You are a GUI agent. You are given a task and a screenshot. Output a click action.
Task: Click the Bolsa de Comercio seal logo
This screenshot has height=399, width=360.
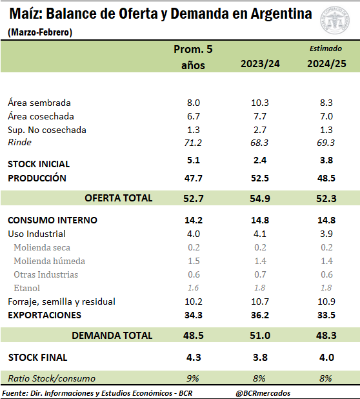pyautogui.click(x=335, y=21)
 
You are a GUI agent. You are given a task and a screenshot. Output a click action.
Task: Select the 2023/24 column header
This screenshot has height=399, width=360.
pyautogui.click(x=260, y=64)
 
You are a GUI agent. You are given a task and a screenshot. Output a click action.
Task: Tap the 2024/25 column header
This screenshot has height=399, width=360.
pyautogui.click(x=326, y=64)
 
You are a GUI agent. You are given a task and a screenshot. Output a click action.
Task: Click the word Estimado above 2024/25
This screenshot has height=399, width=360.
pyautogui.click(x=326, y=48)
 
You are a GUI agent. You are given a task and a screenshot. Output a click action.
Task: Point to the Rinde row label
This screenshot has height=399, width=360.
pyautogui.click(x=19, y=142)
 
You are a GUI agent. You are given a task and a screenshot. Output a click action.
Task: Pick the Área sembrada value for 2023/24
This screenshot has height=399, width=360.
pyautogui.click(x=260, y=103)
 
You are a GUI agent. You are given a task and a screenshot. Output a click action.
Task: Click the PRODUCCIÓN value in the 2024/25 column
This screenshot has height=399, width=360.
pyautogui.click(x=326, y=178)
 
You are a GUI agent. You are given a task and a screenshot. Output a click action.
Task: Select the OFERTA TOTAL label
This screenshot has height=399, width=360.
pyautogui.click(x=119, y=198)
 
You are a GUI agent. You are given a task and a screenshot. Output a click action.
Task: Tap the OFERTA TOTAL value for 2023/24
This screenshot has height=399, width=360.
pyautogui.click(x=260, y=198)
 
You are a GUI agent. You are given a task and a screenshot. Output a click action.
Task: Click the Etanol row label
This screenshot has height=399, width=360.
pyautogui.click(x=26, y=288)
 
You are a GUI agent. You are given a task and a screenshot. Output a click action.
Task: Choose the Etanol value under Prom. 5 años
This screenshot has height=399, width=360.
pyautogui.click(x=193, y=288)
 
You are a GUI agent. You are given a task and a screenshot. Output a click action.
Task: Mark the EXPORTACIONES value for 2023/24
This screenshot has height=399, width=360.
pyautogui.click(x=260, y=315)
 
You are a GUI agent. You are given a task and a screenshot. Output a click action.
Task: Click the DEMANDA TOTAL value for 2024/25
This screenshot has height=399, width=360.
pyautogui.click(x=326, y=335)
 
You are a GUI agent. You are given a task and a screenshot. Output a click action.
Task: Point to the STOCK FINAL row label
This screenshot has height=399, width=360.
pyautogui.click(x=38, y=358)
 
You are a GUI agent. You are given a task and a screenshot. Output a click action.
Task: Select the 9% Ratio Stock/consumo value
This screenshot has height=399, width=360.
pyautogui.click(x=192, y=378)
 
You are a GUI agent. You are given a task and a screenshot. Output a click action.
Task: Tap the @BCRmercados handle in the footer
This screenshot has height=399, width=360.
pyautogui.click(x=263, y=393)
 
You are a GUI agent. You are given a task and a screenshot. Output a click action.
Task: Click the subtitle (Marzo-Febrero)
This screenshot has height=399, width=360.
pyautogui.click(x=40, y=32)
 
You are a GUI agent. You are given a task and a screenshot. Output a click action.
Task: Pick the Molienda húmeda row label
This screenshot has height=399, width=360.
pyautogui.click(x=49, y=261)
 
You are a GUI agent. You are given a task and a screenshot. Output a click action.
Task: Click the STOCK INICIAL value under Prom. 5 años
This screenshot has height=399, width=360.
pyautogui.click(x=193, y=160)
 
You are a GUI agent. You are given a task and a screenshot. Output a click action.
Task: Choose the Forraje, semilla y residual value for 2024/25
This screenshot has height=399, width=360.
pyautogui.click(x=326, y=302)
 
